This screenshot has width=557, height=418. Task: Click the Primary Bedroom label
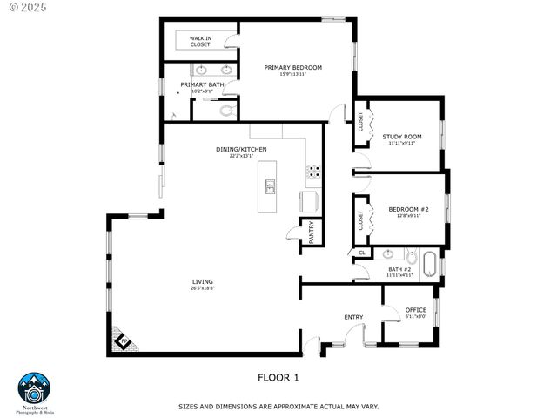coord(293,68)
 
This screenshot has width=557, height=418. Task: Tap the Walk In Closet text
coord(200,41)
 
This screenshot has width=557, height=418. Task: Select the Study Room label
coord(401,137)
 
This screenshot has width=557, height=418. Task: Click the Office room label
coord(415,310)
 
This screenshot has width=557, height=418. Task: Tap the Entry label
coord(353,317)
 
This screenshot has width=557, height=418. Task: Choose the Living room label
coord(203,281)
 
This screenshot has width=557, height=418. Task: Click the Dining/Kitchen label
coord(235,150)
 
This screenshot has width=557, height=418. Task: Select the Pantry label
coord(311,233)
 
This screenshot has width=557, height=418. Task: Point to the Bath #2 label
coord(399,270)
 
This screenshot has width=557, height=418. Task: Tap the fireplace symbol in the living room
coord(123,339)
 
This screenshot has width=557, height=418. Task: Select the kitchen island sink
coord(271,185)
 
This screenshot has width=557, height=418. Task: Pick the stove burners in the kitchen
coord(312,171)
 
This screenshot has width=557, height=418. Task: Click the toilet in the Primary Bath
coord(226,111)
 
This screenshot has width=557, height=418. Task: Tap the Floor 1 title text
coord(278,377)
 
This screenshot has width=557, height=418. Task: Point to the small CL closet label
coord(361,253)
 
